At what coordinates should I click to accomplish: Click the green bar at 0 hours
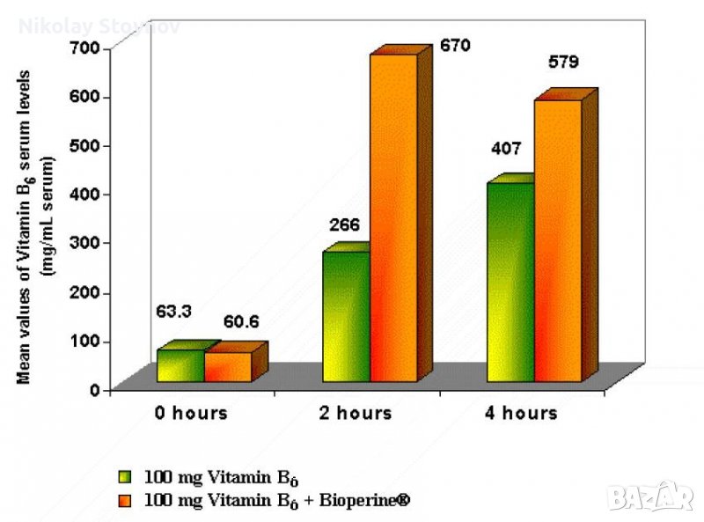(x=180, y=365)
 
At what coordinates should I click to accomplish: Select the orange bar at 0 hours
(x=228, y=367)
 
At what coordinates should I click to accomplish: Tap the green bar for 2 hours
(x=346, y=316)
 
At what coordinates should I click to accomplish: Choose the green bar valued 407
(x=510, y=282)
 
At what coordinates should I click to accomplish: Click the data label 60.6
(x=240, y=322)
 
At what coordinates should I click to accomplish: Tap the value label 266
(x=344, y=224)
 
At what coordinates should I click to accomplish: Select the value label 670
(x=456, y=45)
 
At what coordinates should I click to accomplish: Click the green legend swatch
(x=127, y=477)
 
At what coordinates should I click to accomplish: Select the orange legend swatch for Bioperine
(x=127, y=500)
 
